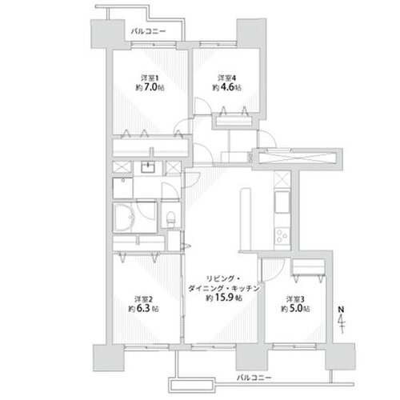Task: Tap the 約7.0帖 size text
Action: pos(150,87)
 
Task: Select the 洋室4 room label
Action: pos(227,78)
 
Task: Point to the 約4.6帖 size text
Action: pos(227,87)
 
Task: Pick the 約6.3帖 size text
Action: pos(143,309)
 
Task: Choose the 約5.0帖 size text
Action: pos(295,309)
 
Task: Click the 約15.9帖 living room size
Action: pos(224,298)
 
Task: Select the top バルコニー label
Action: pos(149,31)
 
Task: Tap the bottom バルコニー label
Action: pos(254,378)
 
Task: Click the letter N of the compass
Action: pos(341,310)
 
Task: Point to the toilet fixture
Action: pos(170,218)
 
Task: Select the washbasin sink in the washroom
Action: pos(148,167)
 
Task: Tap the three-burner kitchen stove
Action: pos(282,236)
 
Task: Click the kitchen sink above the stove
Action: pos(282,202)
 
